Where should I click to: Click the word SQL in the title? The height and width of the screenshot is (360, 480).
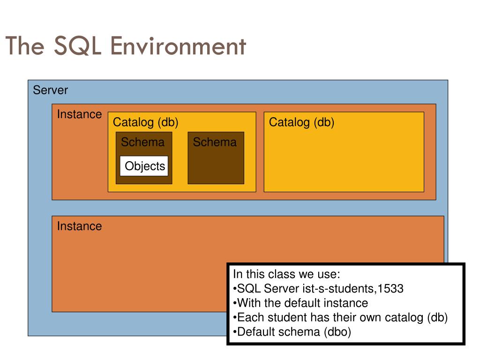77,46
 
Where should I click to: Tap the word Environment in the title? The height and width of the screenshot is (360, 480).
178,46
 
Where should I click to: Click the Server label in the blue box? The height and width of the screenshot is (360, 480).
51,90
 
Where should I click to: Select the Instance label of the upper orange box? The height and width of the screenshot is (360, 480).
79,114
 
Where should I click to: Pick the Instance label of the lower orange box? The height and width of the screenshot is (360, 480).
79,226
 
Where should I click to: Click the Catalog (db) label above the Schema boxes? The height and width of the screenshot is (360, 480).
145,122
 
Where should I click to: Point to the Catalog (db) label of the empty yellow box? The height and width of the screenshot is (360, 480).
301,122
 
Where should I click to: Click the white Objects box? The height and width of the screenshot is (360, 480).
144,166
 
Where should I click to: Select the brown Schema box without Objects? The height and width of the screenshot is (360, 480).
216,158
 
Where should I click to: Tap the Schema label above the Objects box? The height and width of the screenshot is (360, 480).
142,142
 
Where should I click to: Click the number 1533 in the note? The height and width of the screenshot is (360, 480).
390,289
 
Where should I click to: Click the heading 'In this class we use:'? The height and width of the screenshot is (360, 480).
286,274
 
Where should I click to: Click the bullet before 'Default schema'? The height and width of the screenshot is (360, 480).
235,332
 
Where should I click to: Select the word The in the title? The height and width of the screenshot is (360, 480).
25,46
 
